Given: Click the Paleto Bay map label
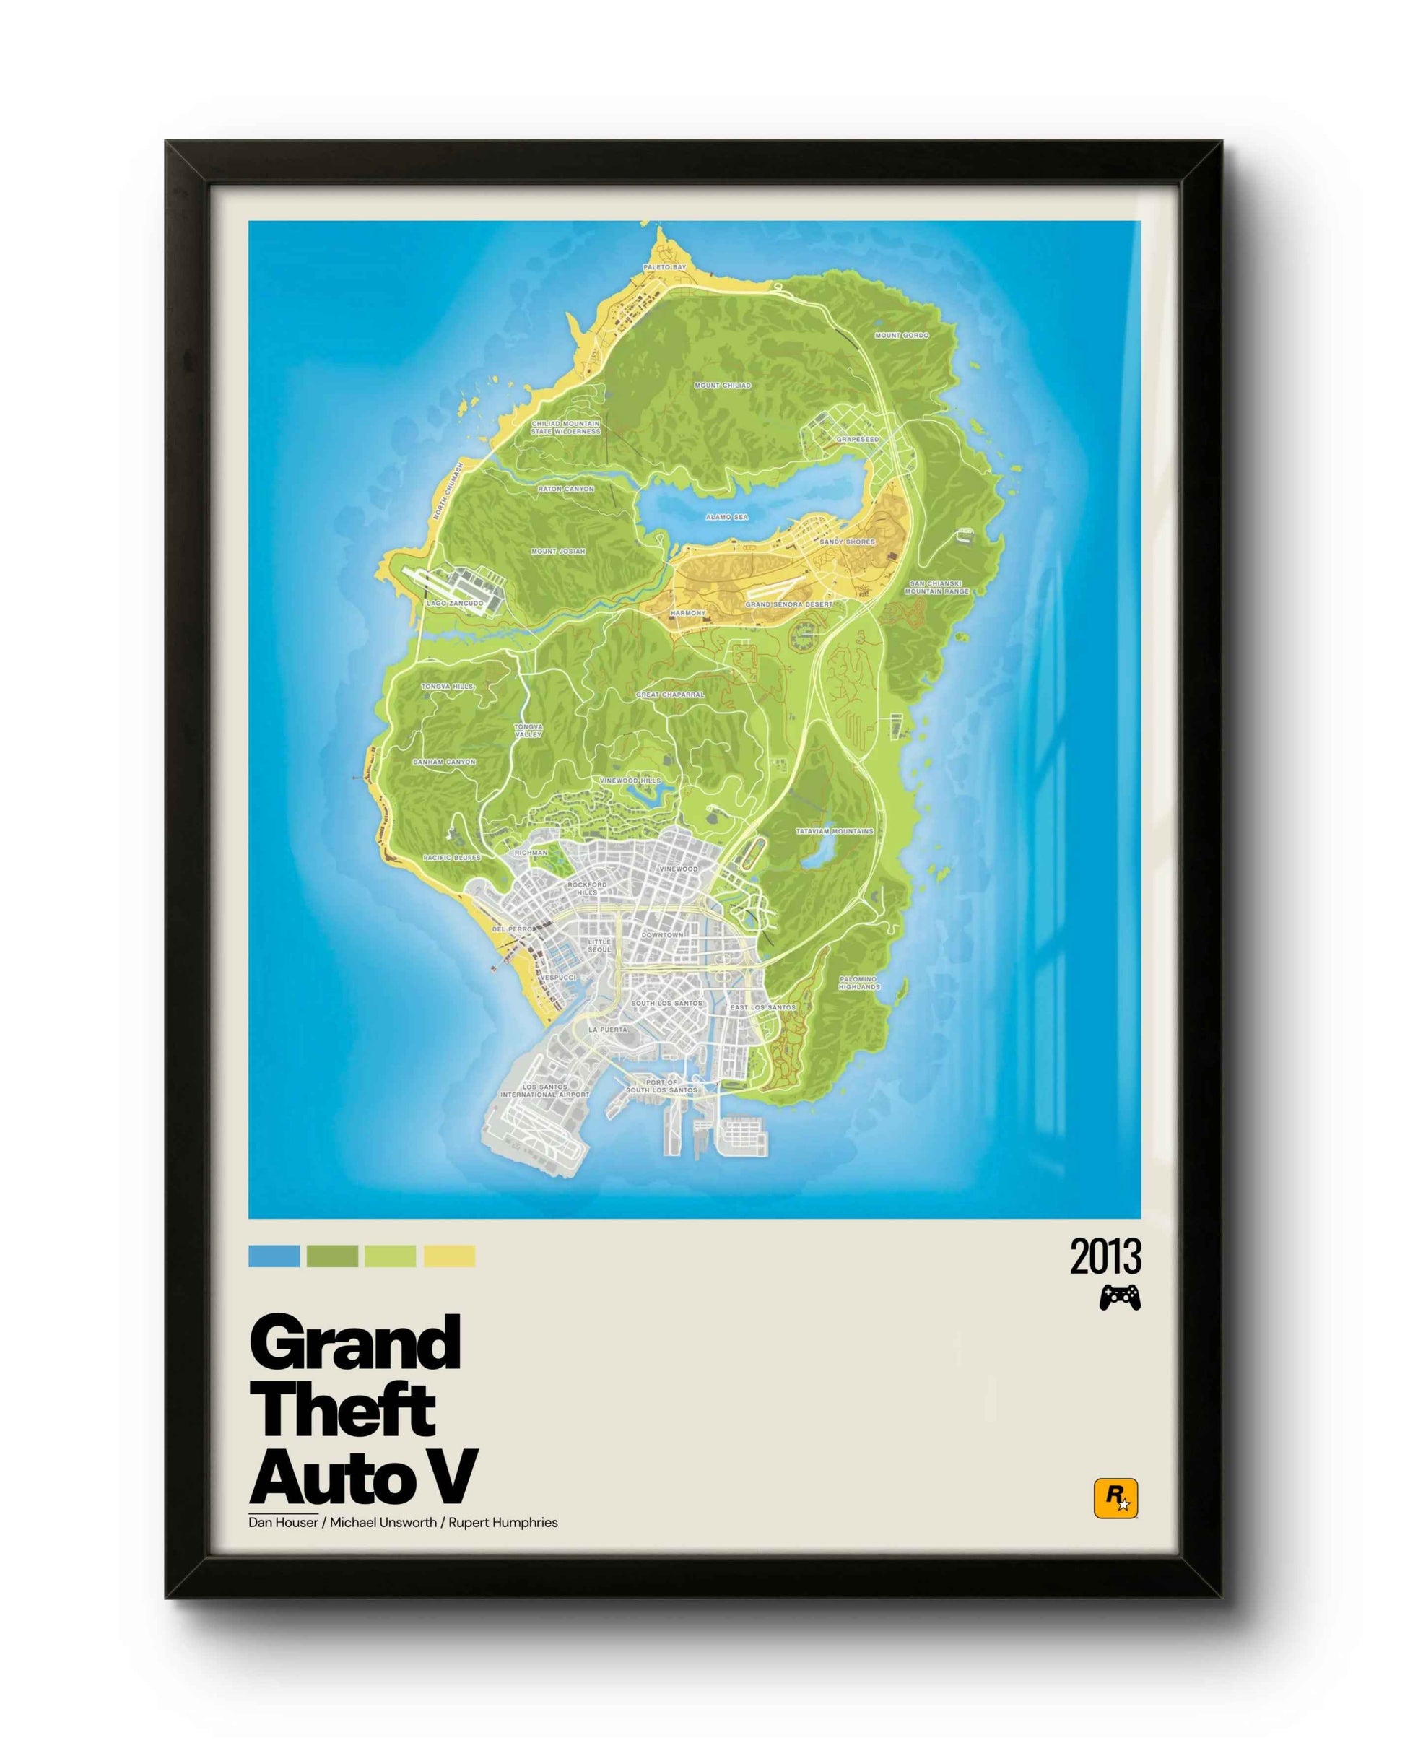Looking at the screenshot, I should (665, 267).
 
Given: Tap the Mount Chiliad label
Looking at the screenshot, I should (723, 386).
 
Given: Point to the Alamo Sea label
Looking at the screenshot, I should (726, 517).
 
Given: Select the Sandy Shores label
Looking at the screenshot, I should (847, 542).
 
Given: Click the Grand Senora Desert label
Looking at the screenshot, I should (789, 604).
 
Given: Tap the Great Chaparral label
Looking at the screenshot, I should (670, 695).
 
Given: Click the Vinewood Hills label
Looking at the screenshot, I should (631, 781).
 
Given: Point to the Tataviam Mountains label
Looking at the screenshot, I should (834, 832).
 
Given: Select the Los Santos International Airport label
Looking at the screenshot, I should (545, 1090).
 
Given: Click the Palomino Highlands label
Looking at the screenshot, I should (858, 983).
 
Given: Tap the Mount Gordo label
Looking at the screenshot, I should (902, 336).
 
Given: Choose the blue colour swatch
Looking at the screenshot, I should (274, 1256).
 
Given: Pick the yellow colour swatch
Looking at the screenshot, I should (449, 1256).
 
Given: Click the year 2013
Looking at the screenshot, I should (1105, 1257).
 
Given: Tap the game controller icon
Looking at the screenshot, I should (1120, 1298).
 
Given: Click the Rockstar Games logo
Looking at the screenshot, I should (1115, 1500).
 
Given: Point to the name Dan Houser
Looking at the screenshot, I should (284, 1522).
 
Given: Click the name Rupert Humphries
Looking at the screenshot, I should (503, 1522).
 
